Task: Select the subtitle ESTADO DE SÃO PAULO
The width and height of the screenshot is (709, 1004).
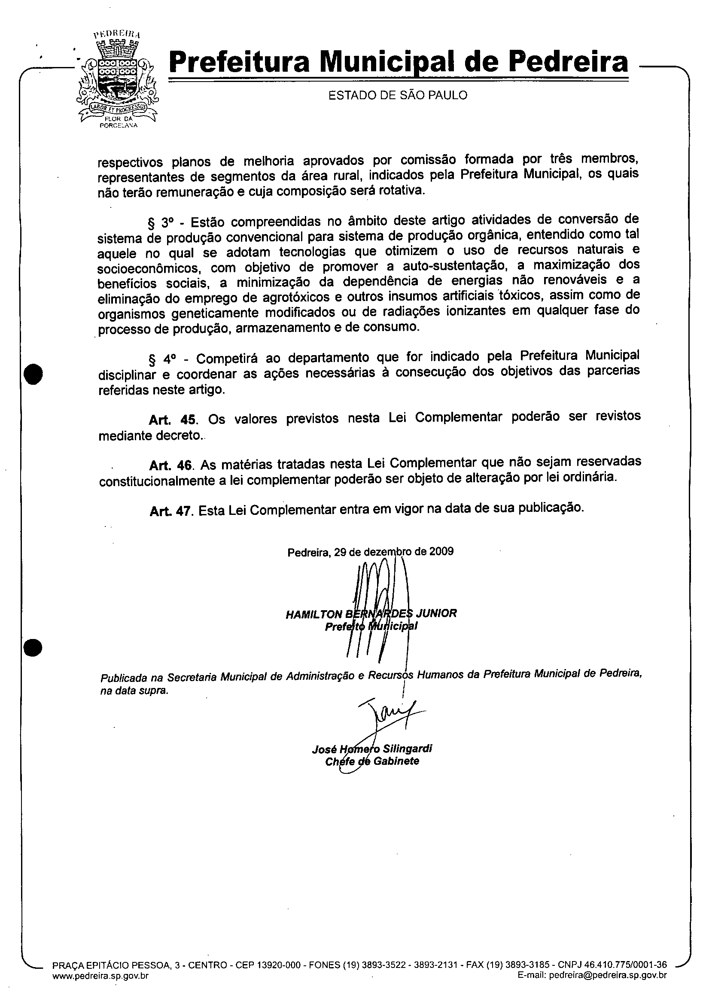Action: pyautogui.click(x=398, y=95)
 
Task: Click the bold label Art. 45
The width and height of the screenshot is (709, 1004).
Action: pyautogui.click(x=173, y=420)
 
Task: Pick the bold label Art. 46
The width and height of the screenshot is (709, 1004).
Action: pyautogui.click(x=173, y=464)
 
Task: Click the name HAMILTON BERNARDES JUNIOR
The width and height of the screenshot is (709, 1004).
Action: pyautogui.click(x=371, y=614)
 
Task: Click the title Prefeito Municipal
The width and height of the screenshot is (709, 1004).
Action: pyautogui.click(x=371, y=627)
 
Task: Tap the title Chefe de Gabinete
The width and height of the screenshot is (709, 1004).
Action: pyautogui.click(x=372, y=761)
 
